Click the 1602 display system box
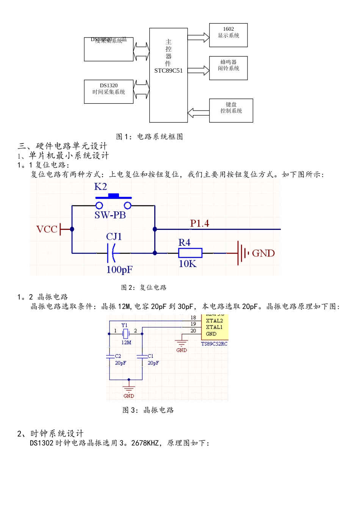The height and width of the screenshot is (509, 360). click(228, 35)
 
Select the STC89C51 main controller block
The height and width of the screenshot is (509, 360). click(168, 75)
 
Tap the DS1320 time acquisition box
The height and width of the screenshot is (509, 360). click(109, 92)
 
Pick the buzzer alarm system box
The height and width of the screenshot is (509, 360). click(228, 68)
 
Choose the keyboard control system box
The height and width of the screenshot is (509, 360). click(231, 111)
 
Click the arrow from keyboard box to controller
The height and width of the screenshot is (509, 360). click(198, 113)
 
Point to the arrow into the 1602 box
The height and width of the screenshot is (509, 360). click(198, 37)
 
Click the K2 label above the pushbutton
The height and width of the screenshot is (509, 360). click(100, 187)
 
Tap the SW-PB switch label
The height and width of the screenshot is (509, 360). click(110, 215)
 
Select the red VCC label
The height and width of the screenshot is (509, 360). click(47, 229)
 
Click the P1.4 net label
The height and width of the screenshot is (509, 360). click(199, 223)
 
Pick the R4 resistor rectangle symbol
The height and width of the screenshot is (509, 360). click(190, 253)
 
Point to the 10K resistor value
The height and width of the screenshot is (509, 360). click(188, 264)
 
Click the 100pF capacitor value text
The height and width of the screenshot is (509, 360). click(119, 270)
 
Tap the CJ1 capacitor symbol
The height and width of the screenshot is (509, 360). click(111, 253)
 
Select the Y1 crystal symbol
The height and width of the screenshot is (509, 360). click(126, 334)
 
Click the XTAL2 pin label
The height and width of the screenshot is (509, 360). click(214, 321)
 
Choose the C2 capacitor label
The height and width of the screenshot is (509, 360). click(118, 356)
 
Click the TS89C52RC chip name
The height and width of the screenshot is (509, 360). click(214, 344)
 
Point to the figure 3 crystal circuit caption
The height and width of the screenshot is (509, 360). click(148, 410)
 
